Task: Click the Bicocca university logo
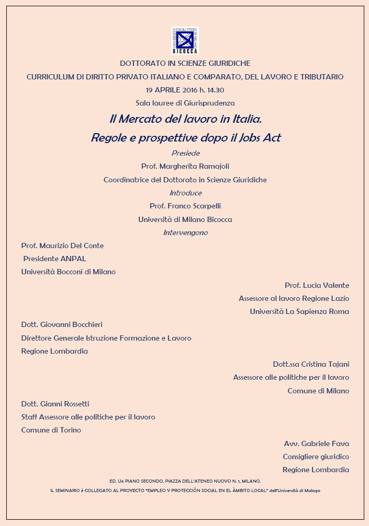tap(185, 41)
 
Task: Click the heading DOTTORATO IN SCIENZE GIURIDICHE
tap(185, 63)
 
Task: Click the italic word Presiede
tap(185, 153)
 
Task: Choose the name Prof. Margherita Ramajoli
tap(185, 166)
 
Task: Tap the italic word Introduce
tap(185, 193)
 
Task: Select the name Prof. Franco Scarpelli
tap(185, 206)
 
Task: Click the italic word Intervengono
tap(185, 232)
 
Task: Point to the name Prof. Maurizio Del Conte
tap(62, 246)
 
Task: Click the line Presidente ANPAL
tap(55, 259)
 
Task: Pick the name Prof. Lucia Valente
tap(317, 285)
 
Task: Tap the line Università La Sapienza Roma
tap(299, 311)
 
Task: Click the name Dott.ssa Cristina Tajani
tap(311, 364)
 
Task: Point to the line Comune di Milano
tap(318, 391)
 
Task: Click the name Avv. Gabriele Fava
tap(316, 443)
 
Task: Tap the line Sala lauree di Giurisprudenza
tap(185, 103)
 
